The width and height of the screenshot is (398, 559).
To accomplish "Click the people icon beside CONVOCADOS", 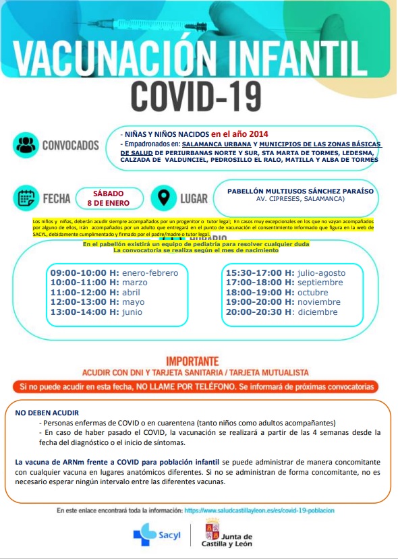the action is point(26,145).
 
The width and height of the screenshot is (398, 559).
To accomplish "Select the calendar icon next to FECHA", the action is point(26,198).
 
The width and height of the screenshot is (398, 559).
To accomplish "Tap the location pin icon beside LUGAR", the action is point(163,198).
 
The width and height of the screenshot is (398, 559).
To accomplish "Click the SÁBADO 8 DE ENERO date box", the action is point(109,198).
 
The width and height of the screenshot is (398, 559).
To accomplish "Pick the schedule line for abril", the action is point(94,292).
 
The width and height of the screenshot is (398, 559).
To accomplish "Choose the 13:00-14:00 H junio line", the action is point(96,312).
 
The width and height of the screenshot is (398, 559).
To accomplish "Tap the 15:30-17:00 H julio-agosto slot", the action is point(285,272).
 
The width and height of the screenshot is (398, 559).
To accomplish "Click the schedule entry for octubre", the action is point(277,292).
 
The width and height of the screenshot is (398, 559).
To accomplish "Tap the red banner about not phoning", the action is point(198,387).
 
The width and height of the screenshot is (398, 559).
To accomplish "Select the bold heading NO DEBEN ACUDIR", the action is point(47,411).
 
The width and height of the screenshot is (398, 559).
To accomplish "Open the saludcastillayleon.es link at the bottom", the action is point(259,510).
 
